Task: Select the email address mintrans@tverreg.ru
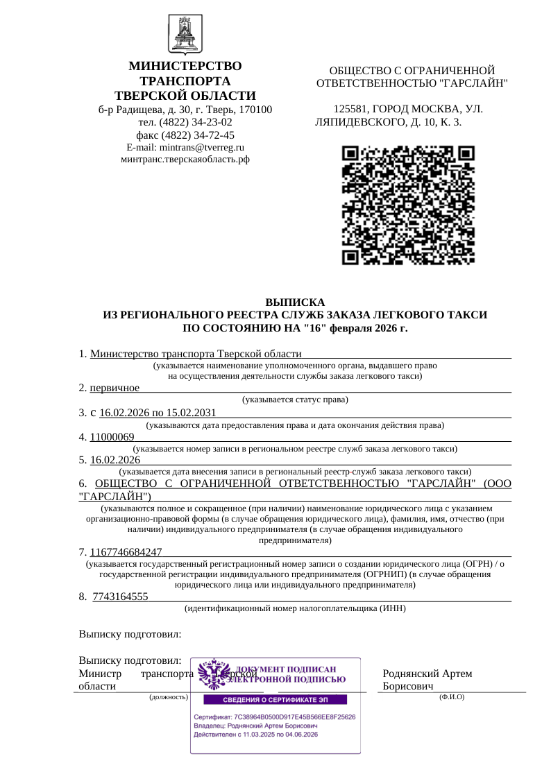point(202,147)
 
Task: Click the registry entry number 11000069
point(112,437)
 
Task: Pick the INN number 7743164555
point(120,597)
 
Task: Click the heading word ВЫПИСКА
point(295,302)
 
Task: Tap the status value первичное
point(115,387)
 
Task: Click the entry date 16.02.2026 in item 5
point(115,460)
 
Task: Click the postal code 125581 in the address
point(350,109)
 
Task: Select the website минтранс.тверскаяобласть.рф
point(185,159)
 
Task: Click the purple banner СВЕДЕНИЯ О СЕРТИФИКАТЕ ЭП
point(275,699)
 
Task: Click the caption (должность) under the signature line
point(169,696)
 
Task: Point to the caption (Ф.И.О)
point(452,696)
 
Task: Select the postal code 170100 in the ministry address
point(254,110)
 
